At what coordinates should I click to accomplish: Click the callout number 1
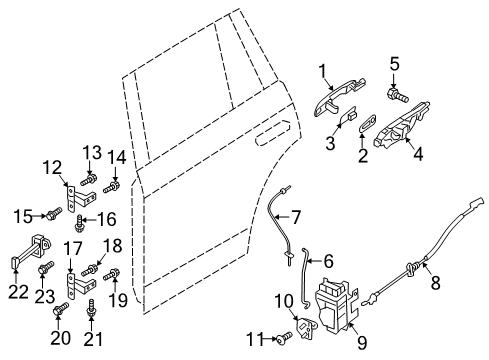tap(322, 71)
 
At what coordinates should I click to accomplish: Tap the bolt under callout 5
tap(397, 95)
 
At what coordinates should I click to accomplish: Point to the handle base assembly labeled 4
tap(402, 125)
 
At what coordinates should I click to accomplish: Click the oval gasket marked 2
tap(368, 122)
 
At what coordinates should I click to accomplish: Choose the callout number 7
tap(296, 217)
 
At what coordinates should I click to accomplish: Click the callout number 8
tap(435, 282)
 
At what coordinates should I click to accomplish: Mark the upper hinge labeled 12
tap(80, 199)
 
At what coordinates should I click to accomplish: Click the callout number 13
tap(92, 153)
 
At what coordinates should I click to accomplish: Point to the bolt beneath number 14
tap(112, 187)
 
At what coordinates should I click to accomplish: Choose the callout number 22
tap(18, 292)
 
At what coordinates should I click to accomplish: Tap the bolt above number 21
tap(90, 308)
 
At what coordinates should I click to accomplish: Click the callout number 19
tap(118, 300)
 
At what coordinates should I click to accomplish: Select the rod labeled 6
tap(304, 277)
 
